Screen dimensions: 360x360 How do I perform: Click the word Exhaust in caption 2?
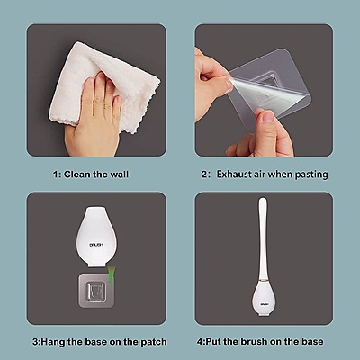tap(240, 174)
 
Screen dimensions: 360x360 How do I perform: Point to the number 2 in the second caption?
tap(203, 174)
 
